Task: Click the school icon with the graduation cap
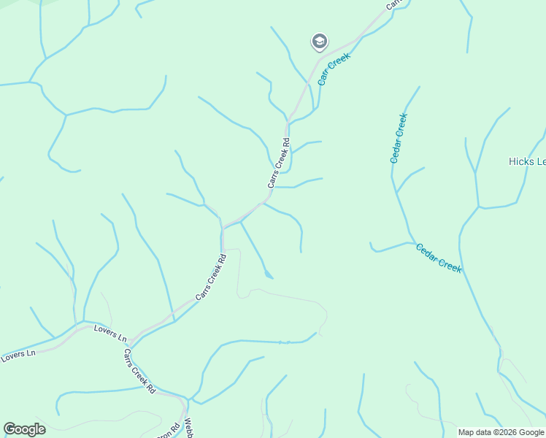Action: pos(319,42)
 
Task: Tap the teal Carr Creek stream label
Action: pos(334,69)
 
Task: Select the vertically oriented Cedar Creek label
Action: pos(398,137)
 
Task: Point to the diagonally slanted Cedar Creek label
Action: pos(439,258)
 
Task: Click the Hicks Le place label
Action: pos(526,161)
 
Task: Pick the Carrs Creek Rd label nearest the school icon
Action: pos(279,165)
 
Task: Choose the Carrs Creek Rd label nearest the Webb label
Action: pos(139,372)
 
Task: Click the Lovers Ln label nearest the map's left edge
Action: pos(18,356)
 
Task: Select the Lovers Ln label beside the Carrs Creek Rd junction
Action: pos(110,334)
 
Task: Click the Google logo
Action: pos(24,429)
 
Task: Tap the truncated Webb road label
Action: pos(188,426)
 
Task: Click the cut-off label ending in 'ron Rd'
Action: pos(174,431)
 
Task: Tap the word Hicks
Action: pos(520,161)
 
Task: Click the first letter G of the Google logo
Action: pos(9,429)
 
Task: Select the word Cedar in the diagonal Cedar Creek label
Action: pos(428,252)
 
